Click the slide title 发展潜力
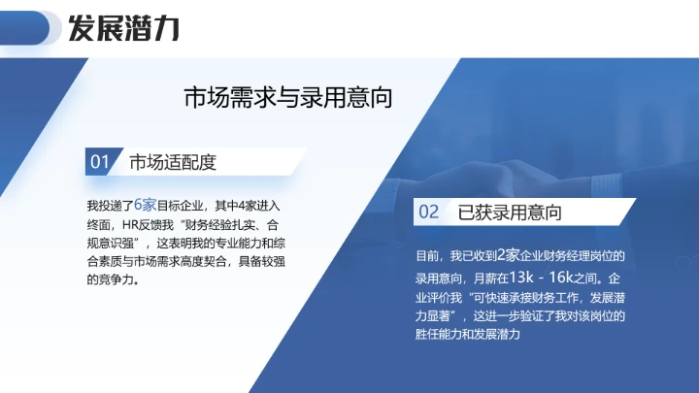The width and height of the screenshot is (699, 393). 122,28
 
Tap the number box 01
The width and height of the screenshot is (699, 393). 99,162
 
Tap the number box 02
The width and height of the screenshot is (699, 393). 428,212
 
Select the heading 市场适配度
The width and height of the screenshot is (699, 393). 172,162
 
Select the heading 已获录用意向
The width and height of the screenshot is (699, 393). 510,212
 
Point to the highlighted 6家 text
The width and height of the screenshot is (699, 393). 145,205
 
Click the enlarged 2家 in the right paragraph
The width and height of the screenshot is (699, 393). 509,255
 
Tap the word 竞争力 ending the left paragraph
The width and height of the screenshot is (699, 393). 111,280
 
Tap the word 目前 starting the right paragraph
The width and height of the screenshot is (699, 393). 426,256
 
